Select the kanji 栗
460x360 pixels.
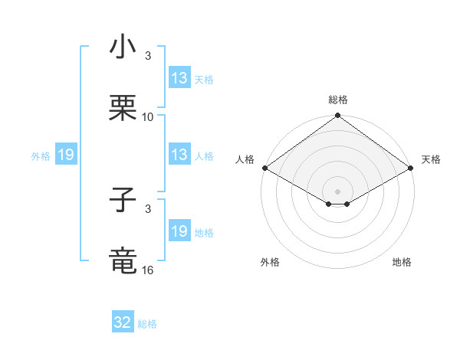pyautogui.click(x=123, y=107)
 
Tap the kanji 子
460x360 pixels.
pyautogui.click(x=123, y=201)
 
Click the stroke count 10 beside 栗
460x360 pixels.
pyautogui.click(x=148, y=116)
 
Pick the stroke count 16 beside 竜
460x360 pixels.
pyautogui.click(x=148, y=270)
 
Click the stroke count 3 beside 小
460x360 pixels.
pyautogui.click(x=148, y=56)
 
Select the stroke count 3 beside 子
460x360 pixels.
pyautogui.click(x=148, y=208)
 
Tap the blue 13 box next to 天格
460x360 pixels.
pyautogui.click(x=179, y=78)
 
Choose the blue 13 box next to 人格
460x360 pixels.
pyautogui.click(x=179, y=155)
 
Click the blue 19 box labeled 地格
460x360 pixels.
pyautogui.click(x=179, y=231)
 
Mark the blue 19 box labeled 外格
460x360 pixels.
pyautogui.click(x=65, y=155)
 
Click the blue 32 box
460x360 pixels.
pyautogui.click(x=123, y=322)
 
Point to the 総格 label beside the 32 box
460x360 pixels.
pyautogui.click(x=147, y=324)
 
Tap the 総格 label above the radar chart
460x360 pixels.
pyautogui.click(x=337, y=100)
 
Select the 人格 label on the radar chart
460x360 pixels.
pyautogui.click(x=245, y=159)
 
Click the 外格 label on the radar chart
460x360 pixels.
pyautogui.click(x=270, y=262)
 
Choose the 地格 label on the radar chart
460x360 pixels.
pyautogui.click(x=402, y=262)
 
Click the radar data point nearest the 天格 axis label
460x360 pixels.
pyautogui.click(x=411, y=168)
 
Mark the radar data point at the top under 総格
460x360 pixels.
pyautogui.click(x=337, y=116)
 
